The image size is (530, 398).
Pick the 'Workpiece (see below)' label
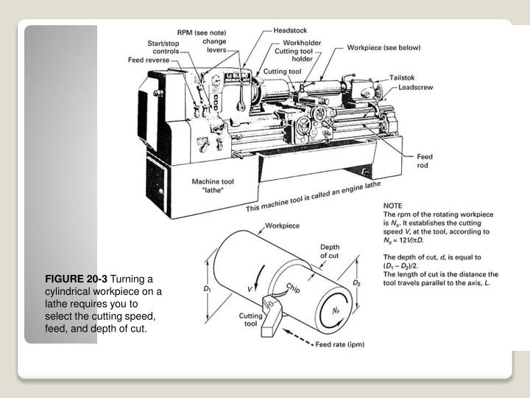click(x=384, y=48)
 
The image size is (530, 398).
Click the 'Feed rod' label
click(x=425, y=161)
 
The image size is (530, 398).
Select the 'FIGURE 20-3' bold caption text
click(x=76, y=279)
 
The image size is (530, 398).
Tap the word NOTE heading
click(x=395, y=207)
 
